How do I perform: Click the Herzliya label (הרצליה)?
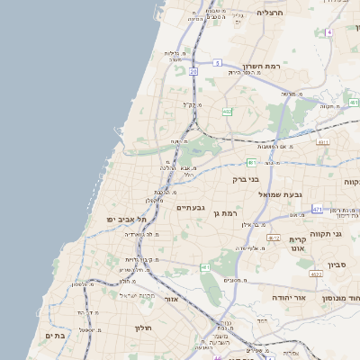click(x=270, y=13)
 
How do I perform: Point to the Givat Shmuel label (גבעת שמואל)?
click(x=286, y=193)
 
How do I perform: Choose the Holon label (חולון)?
click(x=145, y=328)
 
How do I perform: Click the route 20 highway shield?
click(x=193, y=69)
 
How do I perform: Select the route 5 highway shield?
click(x=218, y=62)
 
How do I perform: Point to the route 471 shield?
click(x=317, y=209)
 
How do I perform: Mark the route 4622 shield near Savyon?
click(x=315, y=274)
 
